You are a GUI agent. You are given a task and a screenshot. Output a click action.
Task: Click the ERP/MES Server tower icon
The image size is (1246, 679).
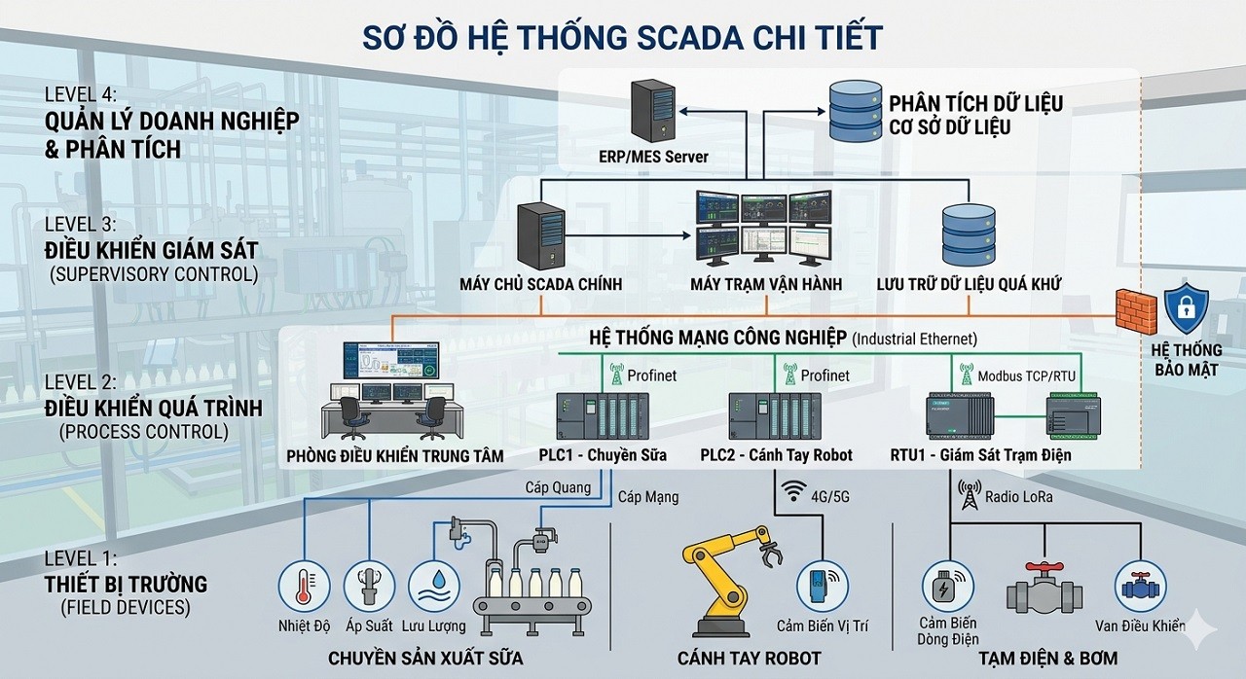click(652, 112)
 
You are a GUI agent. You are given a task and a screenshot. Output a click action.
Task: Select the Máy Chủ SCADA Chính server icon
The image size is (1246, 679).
click(541, 235)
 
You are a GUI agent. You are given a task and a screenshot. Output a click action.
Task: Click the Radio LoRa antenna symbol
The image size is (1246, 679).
click(969, 494)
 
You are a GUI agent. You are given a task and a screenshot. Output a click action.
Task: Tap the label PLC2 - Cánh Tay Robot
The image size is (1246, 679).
click(776, 455)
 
